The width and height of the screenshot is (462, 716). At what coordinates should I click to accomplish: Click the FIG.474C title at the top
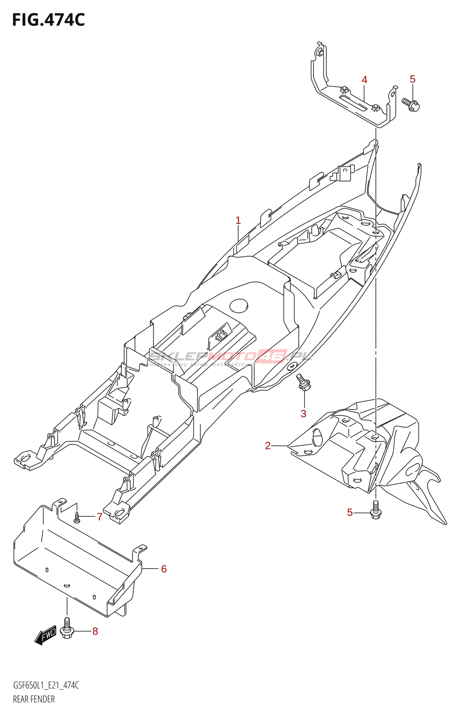[48, 20]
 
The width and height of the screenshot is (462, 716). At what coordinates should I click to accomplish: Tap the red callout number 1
[238, 220]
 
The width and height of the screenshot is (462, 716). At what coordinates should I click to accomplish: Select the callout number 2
[268, 446]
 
